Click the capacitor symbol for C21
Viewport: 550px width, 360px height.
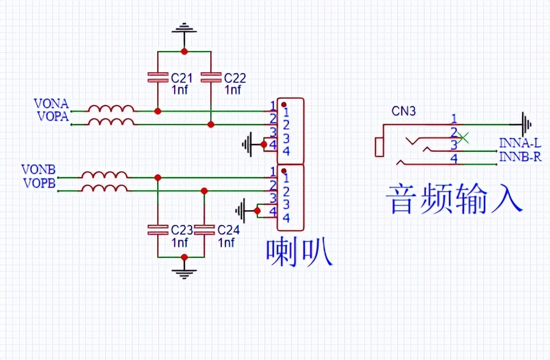click(158, 77)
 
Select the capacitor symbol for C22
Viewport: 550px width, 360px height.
click(211, 77)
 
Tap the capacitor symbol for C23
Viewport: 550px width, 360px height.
click(158, 230)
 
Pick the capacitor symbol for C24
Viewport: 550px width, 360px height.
click(204, 230)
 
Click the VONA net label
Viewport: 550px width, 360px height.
click(51, 103)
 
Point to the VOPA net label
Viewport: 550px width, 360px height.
click(53, 116)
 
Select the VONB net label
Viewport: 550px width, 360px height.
click(38, 170)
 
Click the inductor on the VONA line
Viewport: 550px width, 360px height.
click(111, 108)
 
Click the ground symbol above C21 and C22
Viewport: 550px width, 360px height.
click(184, 29)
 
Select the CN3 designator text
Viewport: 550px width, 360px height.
click(403, 111)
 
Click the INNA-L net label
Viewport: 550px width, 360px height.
click(520, 143)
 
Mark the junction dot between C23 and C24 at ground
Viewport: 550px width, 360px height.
click(184, 257)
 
